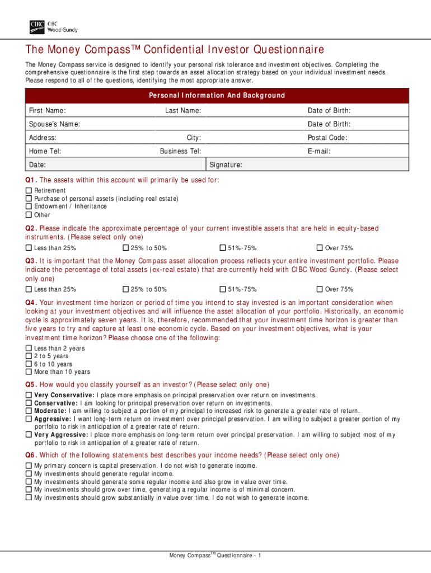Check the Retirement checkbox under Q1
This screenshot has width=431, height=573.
(29, 191)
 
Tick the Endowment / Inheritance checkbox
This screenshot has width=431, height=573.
(29, 206)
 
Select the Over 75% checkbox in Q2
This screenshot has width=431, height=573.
(320, 248)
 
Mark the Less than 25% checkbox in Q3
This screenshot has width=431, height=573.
(29, 289)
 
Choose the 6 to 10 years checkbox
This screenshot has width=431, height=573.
(29, 364)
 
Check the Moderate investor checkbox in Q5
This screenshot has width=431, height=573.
(29, 411)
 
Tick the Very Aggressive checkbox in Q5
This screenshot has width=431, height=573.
(29, 434)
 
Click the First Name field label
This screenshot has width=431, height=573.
(47, 111)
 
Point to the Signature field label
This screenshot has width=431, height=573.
(226, 165)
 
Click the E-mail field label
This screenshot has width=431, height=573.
(319, 151)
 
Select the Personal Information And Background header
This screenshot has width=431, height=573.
(217, 96)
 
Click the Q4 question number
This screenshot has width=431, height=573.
(31, 303)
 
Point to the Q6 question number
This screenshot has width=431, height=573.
(31, 455)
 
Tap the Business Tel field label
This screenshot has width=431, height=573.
(180, 151)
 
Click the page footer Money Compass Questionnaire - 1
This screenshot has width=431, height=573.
(215, 555)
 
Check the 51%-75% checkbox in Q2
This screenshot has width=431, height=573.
(222, 248)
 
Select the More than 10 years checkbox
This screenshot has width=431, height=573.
(29, 372)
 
